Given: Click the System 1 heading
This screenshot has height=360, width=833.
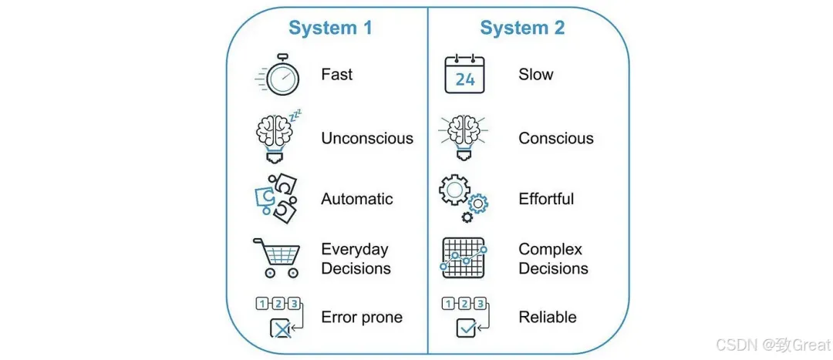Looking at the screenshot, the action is [330, 28].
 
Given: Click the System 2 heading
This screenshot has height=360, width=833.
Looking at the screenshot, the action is [522, 28].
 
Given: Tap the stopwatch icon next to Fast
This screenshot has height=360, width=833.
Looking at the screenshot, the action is [277, 75].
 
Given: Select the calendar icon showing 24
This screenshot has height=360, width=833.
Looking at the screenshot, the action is [464, 74].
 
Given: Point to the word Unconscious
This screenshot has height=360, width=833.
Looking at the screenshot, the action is [367, 138].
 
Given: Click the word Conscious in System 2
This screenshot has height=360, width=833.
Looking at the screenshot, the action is [556, 138].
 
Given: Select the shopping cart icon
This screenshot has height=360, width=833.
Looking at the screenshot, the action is [276, 257].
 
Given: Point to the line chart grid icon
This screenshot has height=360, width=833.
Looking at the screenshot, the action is [464, 257].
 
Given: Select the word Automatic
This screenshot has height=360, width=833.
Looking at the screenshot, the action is [357, 199].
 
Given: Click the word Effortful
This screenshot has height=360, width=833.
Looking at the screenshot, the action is [546, 199].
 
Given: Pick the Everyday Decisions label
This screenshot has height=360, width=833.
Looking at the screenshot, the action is [356, 258].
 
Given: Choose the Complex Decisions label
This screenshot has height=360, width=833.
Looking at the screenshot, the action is [553, 258].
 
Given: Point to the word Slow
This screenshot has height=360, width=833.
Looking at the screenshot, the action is [535, 74].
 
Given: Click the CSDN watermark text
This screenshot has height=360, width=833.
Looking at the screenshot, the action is [773, 345].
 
